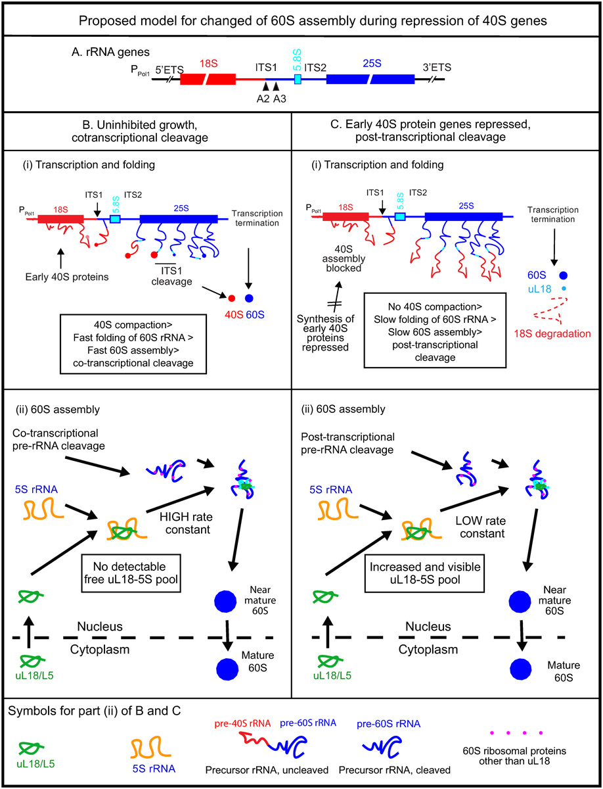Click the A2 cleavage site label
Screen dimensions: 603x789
(x=263, y=99)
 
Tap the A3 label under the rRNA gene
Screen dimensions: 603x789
(x=280, y=99)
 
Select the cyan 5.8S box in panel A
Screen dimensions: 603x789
(x=298, y=79)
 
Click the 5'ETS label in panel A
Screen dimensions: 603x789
(x=169, y=70)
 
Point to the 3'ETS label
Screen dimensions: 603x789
(x=437, y=67)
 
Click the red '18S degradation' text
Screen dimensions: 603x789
(x=552, y=333)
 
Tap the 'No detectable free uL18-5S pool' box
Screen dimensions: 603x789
(x=131, y=573)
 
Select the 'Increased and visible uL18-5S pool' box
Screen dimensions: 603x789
(x=424, y=573)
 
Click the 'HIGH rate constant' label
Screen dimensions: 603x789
(x=187, y=523)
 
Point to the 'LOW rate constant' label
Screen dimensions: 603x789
(x=481, y=527)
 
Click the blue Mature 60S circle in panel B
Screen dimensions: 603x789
(x=227, y=669)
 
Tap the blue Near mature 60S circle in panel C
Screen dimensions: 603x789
(x=520, y=602)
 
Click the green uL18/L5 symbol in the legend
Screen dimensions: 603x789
(x=32, y=748)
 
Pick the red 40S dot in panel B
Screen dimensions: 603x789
(x=232, y=299)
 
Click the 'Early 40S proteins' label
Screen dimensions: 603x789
(x=67, y=277)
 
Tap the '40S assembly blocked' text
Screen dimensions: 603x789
(x=344, y=258)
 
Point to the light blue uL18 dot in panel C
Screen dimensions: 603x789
(x=564, y=288)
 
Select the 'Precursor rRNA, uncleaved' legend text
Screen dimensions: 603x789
(x=267, y=770)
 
